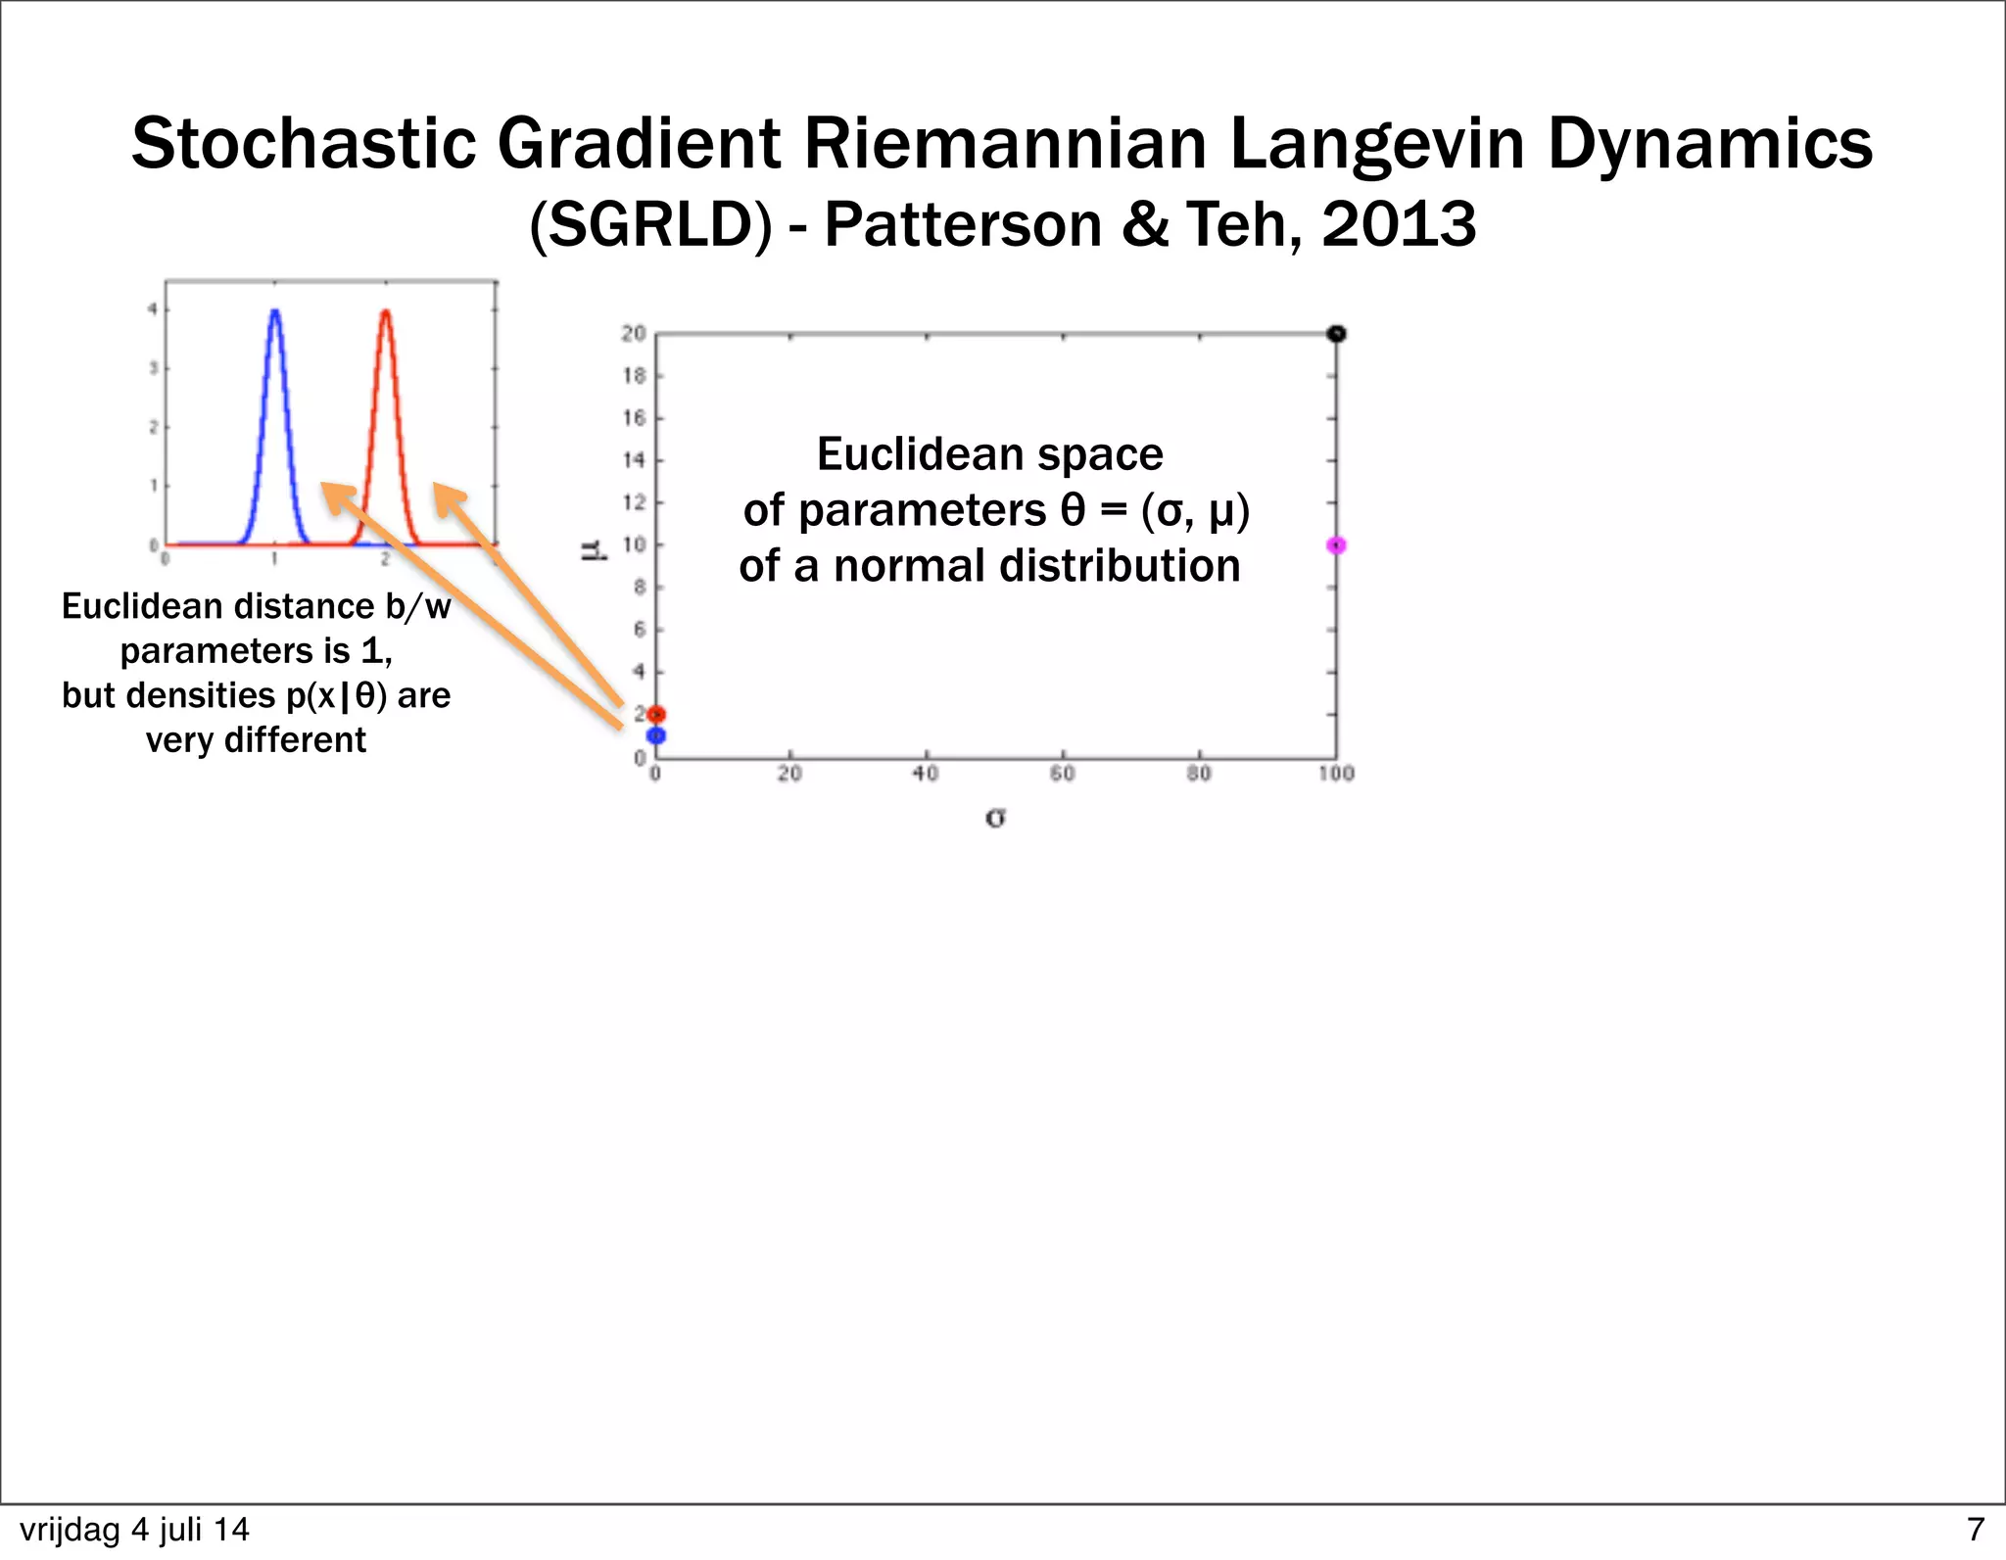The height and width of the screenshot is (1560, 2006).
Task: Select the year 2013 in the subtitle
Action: [1399, 224]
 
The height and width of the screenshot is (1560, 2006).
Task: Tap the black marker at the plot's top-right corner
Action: [1336, 334]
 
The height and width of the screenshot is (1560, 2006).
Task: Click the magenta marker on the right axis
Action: [1336, 545]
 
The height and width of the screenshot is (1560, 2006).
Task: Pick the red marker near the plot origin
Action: [656, 715]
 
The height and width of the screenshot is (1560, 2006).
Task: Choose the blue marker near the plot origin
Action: [656, 735]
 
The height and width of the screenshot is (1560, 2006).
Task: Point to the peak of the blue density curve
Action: [275, 312]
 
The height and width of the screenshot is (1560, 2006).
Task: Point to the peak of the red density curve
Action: [386, 312]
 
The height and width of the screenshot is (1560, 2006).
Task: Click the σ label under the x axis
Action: [995, 817]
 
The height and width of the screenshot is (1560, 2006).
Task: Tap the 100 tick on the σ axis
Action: [1336, 774]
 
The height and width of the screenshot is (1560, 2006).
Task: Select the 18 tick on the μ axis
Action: [634, 376]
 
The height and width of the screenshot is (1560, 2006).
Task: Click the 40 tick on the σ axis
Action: [926, 774]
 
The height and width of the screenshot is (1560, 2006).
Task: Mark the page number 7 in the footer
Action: [1975, 1529]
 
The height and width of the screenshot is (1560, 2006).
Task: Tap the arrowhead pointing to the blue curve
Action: [334, 495]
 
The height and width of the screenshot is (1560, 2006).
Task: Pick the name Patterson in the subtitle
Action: [964, 224]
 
